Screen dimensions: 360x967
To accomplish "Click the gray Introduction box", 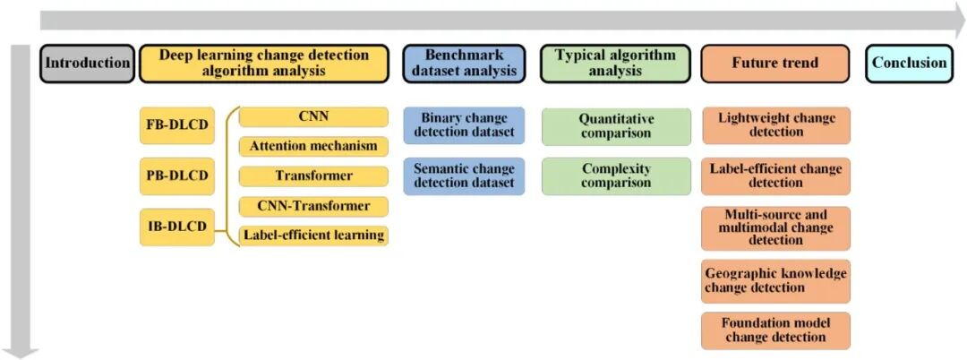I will (87, 64).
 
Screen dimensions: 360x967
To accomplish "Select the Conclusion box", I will (908, 64).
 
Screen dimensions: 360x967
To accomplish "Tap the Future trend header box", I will (774, 64).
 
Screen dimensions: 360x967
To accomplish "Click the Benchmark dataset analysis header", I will (464, 64).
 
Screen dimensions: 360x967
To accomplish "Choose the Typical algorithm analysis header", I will (616, 64).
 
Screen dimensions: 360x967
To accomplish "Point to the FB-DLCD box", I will (177, 125).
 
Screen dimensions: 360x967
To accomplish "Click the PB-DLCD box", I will (177, 176).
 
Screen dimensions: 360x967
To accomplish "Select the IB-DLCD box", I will (177, 227).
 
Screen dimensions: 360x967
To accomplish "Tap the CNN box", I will (313, 117).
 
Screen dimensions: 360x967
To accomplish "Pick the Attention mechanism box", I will (313, 146).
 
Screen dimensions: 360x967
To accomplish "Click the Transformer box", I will (313, 176).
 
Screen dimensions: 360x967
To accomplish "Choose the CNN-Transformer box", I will (313, 206).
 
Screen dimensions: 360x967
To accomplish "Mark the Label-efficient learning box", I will (313, 236).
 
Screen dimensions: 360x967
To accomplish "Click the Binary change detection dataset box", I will (464, 125).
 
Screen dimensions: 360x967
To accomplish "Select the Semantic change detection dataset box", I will (464, 176).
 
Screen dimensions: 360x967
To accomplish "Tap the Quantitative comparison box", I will (616, 126).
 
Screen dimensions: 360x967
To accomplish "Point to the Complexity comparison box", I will (616, 176).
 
